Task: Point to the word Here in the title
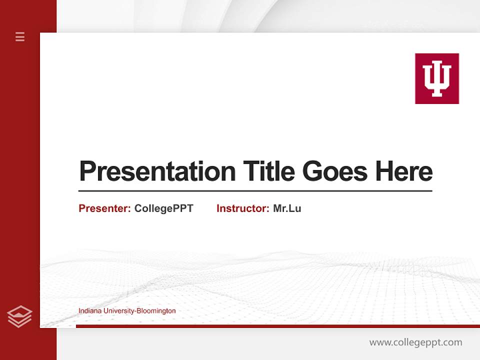click(403, 171)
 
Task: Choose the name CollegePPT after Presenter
click(163, 208)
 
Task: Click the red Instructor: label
click(243, 208)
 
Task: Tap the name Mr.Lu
click(287, 208)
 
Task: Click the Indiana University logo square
click(436, 78)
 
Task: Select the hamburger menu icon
click(20, 36)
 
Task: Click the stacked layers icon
click(19, 316)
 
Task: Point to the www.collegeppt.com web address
click(415, 342)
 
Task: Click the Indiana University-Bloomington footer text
click(127, 311)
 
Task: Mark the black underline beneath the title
click(255, 191)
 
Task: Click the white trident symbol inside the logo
click(436, 79)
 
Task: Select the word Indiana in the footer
click(89, 311)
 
